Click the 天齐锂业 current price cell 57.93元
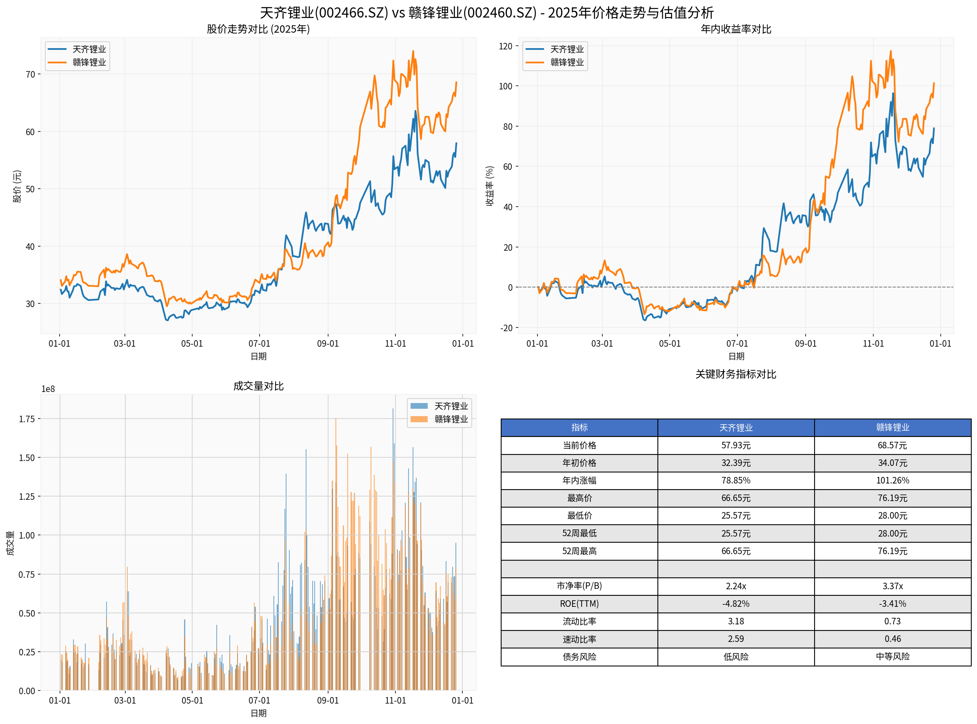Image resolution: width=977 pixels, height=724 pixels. (x=736, y=445)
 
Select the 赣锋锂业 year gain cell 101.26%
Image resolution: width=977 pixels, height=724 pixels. (x=893, y=480)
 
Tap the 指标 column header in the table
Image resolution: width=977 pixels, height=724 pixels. (x=579, y=427)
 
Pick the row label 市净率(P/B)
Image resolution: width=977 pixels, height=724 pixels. (x=579, y=586)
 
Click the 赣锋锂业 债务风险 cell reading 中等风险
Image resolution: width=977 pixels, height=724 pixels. (x=893, y=657)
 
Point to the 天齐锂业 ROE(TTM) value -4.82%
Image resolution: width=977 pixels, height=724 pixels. (x=736, y=604)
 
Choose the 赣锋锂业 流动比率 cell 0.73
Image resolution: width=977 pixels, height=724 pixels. (x=893, y=621)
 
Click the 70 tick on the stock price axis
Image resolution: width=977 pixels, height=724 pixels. (x=30, y=74)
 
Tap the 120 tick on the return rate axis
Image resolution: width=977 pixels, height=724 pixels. (x=505, y=47)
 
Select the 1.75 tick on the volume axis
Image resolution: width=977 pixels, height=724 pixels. (x=26, y=419)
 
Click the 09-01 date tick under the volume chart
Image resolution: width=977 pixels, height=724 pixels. (x=328, y=700)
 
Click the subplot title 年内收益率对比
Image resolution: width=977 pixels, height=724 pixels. (x=736, y=29)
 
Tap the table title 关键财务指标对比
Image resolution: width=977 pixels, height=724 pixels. (x=736, y=374)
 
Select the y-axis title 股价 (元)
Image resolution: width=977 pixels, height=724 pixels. (x=17, y=186)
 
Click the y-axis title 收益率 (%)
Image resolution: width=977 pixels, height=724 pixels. (x=490, y=186)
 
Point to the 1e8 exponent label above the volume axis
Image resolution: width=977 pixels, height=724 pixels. (x=48, y=389)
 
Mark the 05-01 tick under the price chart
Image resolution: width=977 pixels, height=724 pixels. (x=192, y=343)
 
